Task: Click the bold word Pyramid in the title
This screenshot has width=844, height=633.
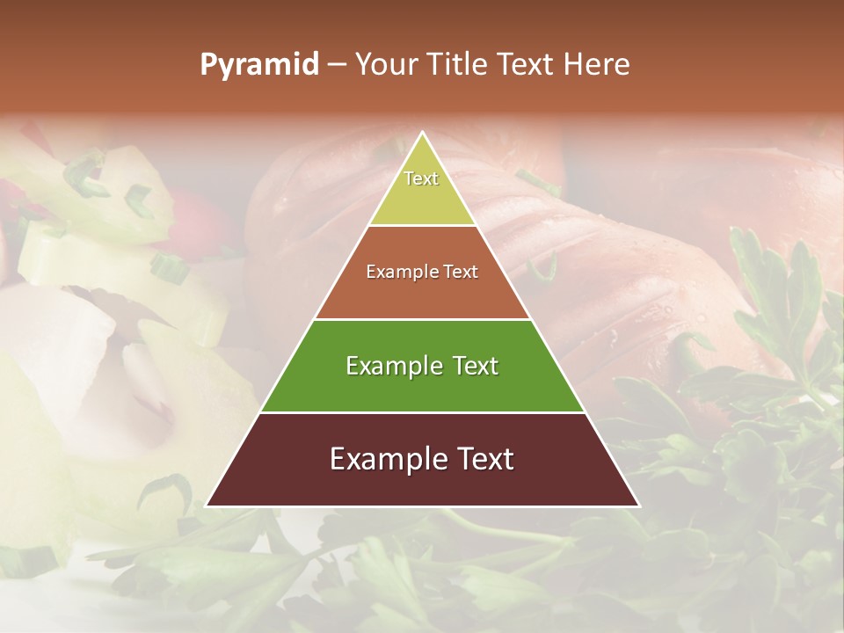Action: pos(258,65)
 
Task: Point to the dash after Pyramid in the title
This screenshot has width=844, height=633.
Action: pos(337,65)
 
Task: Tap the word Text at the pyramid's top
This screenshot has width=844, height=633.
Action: pos(421,178)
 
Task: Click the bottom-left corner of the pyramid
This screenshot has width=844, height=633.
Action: pos(207,506)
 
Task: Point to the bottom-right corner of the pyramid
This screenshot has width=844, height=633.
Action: pos(638,506)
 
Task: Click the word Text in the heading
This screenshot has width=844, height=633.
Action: pos(527,65)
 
